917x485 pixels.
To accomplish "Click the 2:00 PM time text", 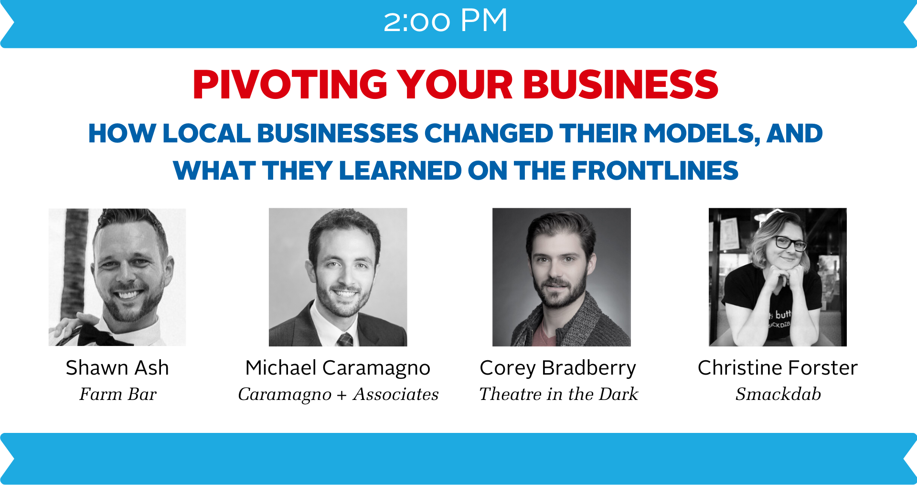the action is pos(445,21).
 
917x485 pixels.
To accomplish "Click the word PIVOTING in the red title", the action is pos(290,85).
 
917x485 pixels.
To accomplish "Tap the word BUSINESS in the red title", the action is pos(620,85).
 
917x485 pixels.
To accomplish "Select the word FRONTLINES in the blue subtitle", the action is pos(655,171).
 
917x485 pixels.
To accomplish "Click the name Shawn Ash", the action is pos(117,368).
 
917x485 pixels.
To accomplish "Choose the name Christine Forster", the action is pos(778,368).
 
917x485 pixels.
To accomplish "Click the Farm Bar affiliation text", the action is pos(118,394).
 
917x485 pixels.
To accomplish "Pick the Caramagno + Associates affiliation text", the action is pos(338,395).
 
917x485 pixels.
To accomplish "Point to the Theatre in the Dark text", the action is pos(558,394).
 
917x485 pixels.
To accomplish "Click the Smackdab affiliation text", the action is pos(778,394).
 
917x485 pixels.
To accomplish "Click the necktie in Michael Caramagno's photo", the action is pos(345,340).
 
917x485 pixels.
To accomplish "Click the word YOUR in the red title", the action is pos(455,85).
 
